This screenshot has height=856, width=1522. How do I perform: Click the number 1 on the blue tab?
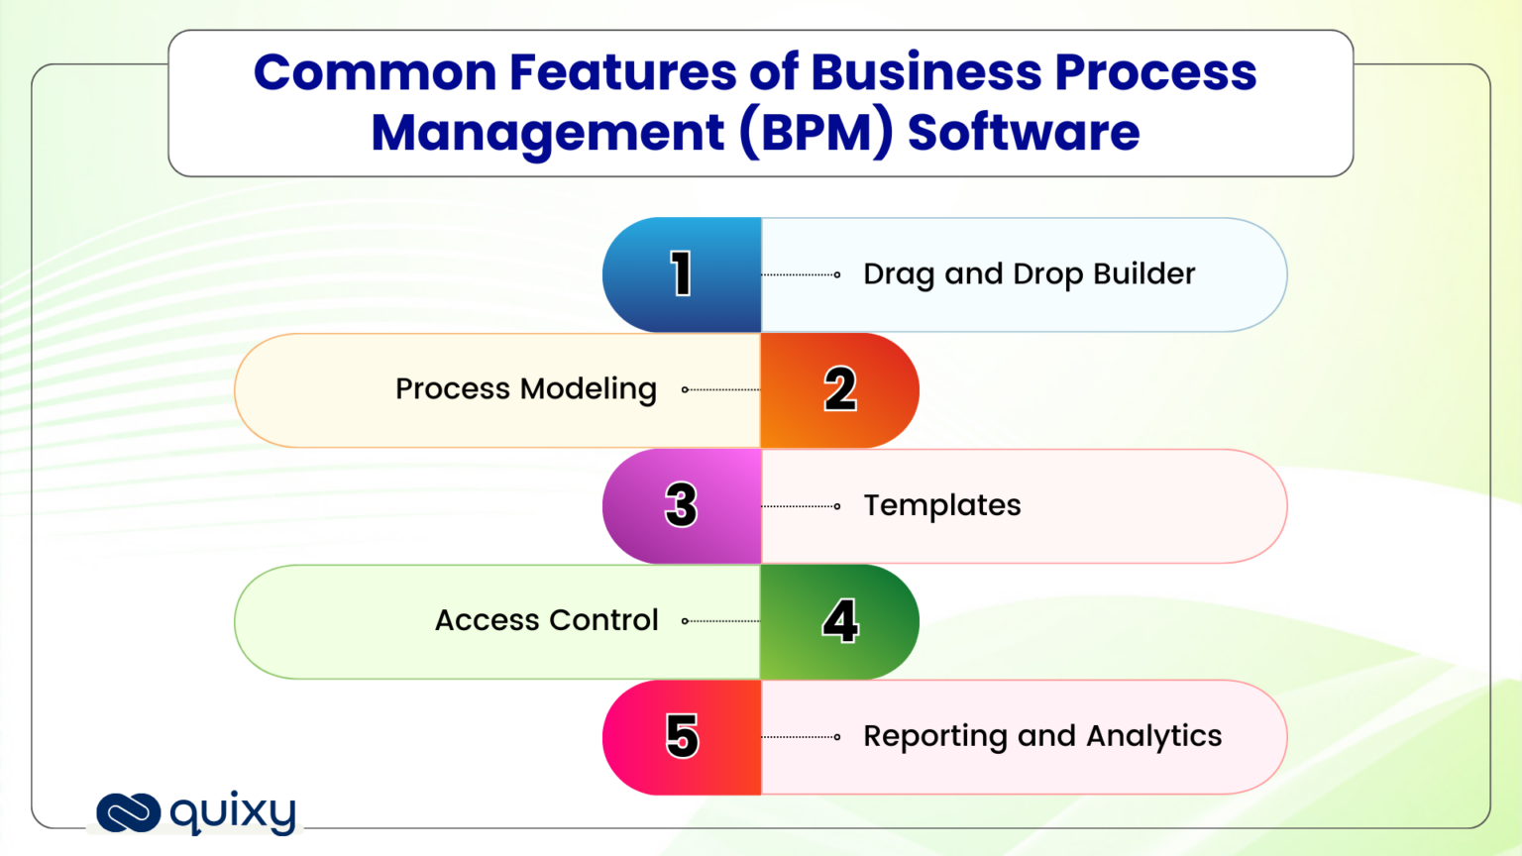point(681,274)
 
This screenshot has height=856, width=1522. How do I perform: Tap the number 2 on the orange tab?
point(840,389)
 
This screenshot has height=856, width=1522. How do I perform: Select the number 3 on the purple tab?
point(681,505)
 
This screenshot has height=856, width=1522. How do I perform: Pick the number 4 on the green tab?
point(840,621)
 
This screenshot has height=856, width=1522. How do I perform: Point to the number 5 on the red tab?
point(682,737)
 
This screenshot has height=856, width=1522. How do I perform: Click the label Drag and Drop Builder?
point(1029,274)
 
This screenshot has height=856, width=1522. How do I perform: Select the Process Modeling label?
point(525,389)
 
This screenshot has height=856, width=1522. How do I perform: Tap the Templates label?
point(941,505)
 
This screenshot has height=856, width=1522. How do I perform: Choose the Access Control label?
point(546,621)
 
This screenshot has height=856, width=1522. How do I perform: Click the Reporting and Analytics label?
point(1042,737)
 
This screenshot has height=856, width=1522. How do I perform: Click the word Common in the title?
point(375,73)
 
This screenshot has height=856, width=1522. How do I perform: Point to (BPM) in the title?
point(816,133)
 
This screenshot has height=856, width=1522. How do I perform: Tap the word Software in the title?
point(1024,133)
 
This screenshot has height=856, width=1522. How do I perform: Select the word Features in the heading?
point(622,73)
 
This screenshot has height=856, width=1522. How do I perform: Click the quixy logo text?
point(233,813)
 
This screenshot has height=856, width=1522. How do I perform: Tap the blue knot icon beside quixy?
point(129,813)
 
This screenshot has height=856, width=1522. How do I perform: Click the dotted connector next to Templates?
point(801,506)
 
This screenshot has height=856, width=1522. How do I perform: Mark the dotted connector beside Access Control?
point(721,621)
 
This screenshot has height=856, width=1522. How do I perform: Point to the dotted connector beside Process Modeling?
point(721,389)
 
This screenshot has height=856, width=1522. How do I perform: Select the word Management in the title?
point(548,133)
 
